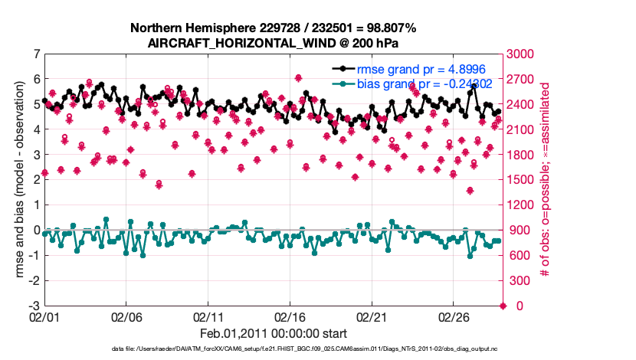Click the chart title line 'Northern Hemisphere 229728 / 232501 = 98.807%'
pos(274,28)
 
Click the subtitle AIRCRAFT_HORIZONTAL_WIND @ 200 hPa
pos(274,43)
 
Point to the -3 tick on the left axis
pos(34,306)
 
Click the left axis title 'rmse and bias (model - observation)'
pos(19,180)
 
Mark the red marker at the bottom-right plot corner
pos(503,306)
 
